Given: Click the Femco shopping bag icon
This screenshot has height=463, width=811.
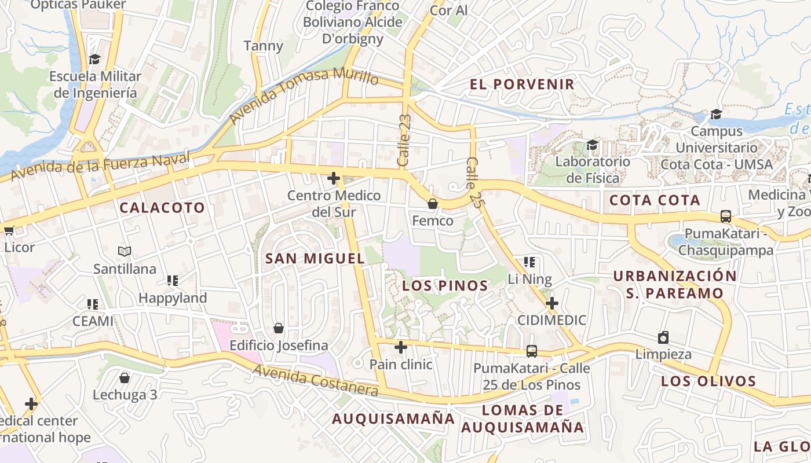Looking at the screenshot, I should click(432, 204).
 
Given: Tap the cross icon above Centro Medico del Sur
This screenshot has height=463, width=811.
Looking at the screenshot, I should click(334, 178).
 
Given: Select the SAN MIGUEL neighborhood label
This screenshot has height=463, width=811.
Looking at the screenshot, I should click(315, 259).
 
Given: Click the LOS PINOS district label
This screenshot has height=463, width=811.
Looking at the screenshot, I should click(445, 285).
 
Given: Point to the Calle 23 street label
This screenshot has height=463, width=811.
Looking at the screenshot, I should click(404, 141).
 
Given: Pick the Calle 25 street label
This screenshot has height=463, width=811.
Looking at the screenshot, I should click(474, 183).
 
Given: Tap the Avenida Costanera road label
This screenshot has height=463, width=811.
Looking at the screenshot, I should click(315, 380).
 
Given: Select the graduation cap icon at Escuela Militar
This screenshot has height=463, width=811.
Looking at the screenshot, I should click(94, 59).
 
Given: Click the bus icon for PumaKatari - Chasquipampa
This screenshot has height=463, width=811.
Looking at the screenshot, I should click(726, 216).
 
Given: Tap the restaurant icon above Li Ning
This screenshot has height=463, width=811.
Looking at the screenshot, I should click(529, 262).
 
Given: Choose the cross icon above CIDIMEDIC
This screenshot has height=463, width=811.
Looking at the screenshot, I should click(552, 303).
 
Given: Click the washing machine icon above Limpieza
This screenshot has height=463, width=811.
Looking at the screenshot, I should click(663, 337).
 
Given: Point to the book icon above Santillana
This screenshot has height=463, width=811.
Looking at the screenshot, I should click(125, 251).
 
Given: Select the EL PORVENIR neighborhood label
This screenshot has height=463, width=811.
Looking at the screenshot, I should click(522, 84).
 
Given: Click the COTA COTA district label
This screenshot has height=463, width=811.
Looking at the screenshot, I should click(655, 201).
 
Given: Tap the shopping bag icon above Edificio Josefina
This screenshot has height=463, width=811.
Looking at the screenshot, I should click(279, 328).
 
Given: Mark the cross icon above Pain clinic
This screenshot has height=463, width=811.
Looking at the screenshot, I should click(401, 347).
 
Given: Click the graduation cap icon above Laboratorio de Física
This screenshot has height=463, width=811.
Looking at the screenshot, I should click(592, 144).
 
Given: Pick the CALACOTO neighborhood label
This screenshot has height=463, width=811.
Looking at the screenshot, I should click(162, 208).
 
